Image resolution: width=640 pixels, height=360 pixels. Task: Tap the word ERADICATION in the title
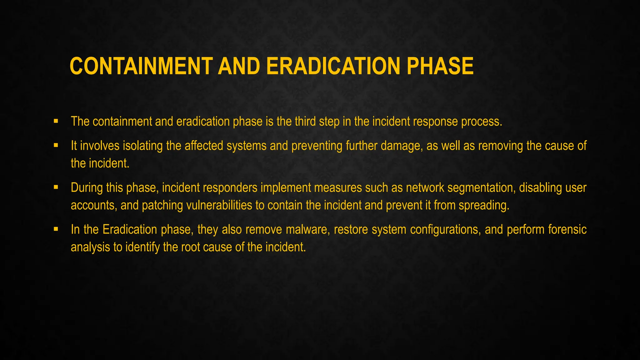coord(333,66)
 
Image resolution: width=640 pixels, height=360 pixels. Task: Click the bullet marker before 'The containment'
coord(56,121)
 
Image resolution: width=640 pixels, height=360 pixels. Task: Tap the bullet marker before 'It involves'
coord(56,145)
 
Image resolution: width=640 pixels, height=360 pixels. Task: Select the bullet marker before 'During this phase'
coord(56,187)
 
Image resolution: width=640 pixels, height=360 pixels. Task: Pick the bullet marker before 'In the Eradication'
coord(56,229)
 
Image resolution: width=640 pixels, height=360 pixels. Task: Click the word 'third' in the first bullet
coord(305,122)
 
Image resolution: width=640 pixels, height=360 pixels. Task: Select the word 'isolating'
coord(142,146)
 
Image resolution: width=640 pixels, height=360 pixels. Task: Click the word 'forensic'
coord(567,230)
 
